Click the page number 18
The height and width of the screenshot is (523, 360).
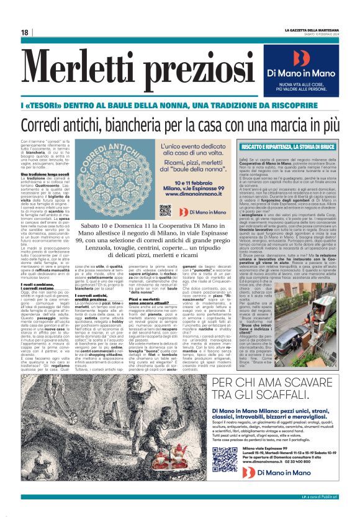[x=25, y=32]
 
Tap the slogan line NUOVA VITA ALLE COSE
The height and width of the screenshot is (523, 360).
[x=301, y=84]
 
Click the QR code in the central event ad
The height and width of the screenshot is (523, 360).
[x=164, y=209]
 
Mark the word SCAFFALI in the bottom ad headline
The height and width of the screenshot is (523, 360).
[x=248, y=388]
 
